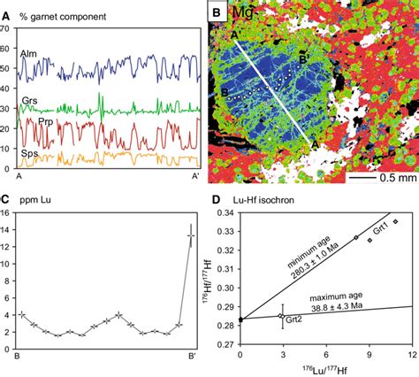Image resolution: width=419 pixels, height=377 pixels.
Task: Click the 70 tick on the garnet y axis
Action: tap(9, 29)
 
